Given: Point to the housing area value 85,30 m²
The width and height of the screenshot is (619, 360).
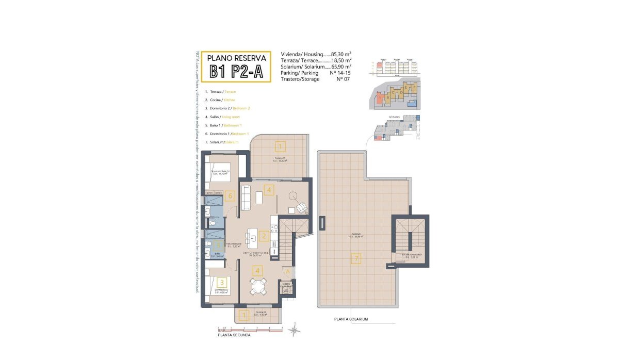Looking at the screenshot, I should pyautogui.click(x=341, y=54).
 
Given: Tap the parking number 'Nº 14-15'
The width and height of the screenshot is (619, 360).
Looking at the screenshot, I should pyautogui.click(x=339, y=73).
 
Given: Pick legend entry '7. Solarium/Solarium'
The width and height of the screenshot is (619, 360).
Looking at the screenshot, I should pyautogui.click(x=221, y=142).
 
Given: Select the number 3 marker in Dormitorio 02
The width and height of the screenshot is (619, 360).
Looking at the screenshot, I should pyautogui.click(x=222, y=282).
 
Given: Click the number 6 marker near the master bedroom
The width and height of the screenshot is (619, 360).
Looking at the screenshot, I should pyautogui.click(x=230, y=195).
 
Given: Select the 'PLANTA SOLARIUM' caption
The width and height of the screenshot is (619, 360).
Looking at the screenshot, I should pyautogui.click(x=351, y=319).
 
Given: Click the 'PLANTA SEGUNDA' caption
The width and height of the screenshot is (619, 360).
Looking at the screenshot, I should pyautogui.click(x=234, y=335).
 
